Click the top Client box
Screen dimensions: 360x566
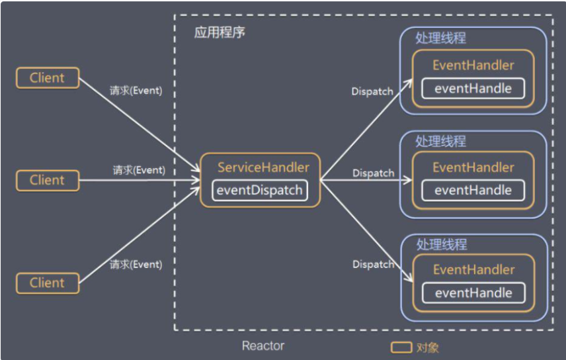click(48, 78)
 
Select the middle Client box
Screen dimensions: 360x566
click(48, 180)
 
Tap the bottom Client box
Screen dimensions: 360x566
click(48, 283)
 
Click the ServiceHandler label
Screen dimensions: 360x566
click(263, 167)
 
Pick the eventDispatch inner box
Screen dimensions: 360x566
click(261, 191)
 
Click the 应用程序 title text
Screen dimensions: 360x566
click(220, 32)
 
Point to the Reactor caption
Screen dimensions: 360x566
click(263, 345)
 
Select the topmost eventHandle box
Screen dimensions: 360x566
click(473, 88)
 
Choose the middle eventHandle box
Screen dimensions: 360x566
click(473, 191)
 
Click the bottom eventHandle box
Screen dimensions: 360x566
click(473, 293)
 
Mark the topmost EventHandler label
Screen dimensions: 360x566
click(473, 66)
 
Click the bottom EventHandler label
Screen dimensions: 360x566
click(473, 270)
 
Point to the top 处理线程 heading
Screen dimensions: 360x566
click(441, 38)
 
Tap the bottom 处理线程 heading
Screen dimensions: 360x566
click(441, 244)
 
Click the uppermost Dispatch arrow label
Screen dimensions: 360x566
click(372, 91)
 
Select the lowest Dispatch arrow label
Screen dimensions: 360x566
click(373, 264)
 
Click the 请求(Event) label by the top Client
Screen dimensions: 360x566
click(136, 91)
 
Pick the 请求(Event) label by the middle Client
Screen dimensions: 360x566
click(139, 170)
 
